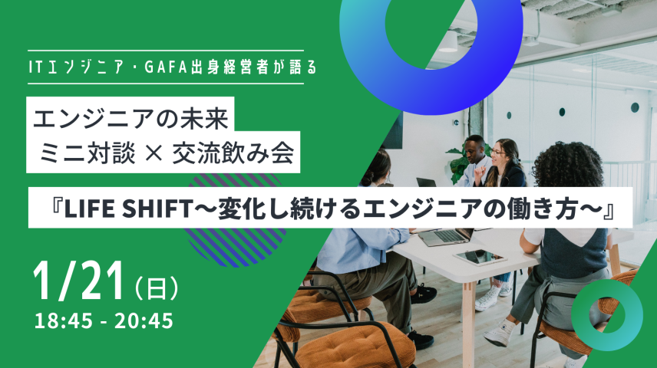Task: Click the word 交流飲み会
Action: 246,155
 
